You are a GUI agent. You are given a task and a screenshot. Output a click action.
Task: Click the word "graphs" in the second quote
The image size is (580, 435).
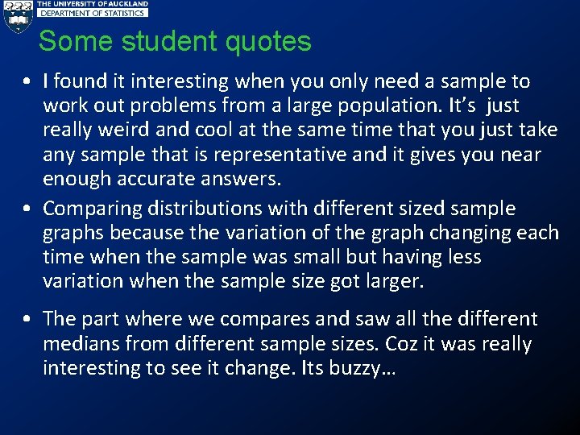[73, 233]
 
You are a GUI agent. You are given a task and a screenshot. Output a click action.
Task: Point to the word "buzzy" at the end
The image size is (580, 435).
[357, 368]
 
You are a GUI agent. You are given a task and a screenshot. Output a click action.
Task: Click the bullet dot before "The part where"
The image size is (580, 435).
[27, 320]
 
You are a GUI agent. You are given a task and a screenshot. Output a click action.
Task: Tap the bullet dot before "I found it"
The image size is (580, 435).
[27, 82]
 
